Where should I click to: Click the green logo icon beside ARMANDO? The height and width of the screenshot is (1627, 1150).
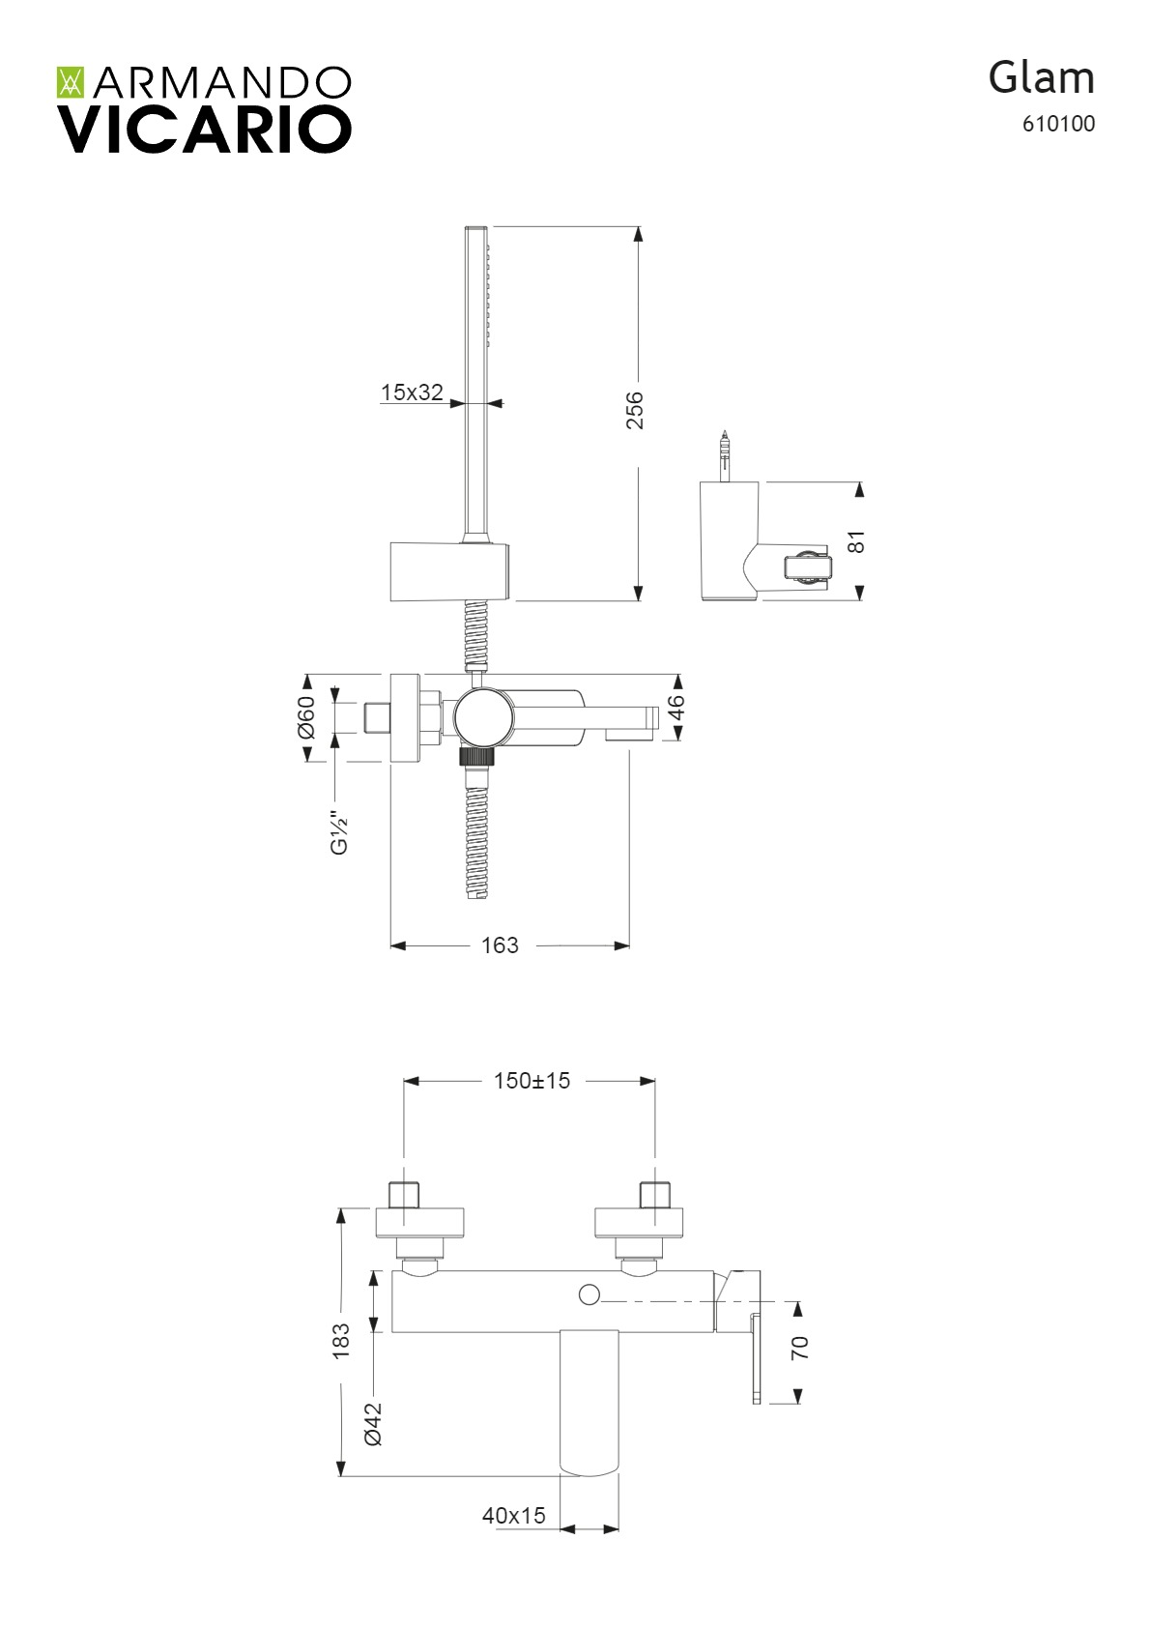(x=72, y=83)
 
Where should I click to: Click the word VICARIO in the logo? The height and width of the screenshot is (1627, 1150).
(x=204, y=130)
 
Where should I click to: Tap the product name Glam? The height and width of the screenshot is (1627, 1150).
(x=1041, y=78)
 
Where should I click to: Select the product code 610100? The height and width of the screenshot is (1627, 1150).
(x=1058, y=124)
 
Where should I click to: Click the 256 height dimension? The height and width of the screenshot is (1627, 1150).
(x=635, y=411)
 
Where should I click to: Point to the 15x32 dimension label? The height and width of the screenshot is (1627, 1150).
(x=412, y=392)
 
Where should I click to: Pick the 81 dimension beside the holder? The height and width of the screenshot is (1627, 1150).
(x=857, y=541)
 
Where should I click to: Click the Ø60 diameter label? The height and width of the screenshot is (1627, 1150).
(x=305, y=717)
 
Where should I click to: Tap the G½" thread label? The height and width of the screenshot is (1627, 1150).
(x=339, y=833)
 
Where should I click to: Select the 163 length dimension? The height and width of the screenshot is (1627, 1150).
(x=501, y=944)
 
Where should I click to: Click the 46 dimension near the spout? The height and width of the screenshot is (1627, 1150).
(x=676, y=707)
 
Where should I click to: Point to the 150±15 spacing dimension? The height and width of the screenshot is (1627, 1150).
(x=532, y=1081)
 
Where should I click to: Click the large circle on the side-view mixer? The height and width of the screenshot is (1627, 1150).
(x=484, y=717)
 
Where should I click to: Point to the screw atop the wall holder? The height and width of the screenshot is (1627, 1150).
(x=724, y=455)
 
